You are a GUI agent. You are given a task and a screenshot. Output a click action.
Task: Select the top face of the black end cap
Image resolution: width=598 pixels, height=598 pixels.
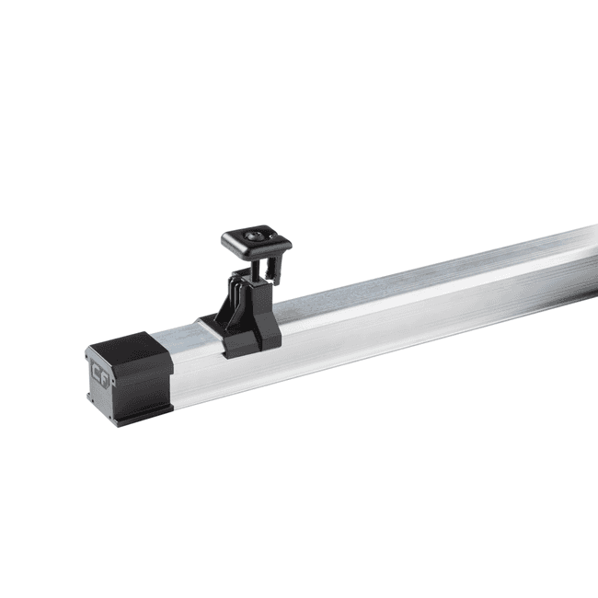[129, 344]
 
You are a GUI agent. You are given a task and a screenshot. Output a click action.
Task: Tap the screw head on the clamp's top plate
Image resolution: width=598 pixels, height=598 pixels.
[252, 236]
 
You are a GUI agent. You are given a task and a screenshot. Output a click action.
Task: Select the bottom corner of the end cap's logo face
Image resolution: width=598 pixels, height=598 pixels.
[114, 422]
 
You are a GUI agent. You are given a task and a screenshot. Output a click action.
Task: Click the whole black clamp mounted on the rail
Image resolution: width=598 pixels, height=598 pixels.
[245, 294]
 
